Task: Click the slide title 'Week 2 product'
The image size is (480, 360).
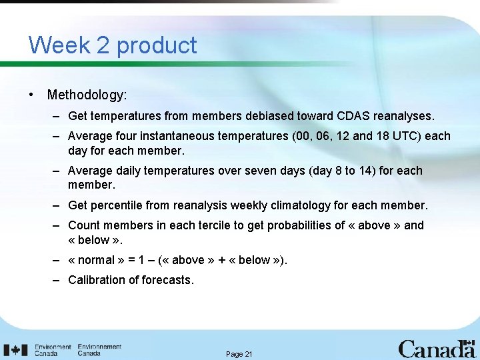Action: coord(113,45)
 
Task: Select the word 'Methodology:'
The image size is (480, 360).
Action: coord(87,95)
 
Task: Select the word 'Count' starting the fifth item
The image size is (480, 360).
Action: coord(83,225)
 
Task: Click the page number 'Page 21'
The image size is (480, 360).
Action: coord(239,354)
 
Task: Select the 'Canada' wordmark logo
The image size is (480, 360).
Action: coord(437,349)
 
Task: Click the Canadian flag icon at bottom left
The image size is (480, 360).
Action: coord(15,349)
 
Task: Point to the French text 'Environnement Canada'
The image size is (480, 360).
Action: coord(99,350)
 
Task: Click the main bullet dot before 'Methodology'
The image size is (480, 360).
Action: coord(32,95)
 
